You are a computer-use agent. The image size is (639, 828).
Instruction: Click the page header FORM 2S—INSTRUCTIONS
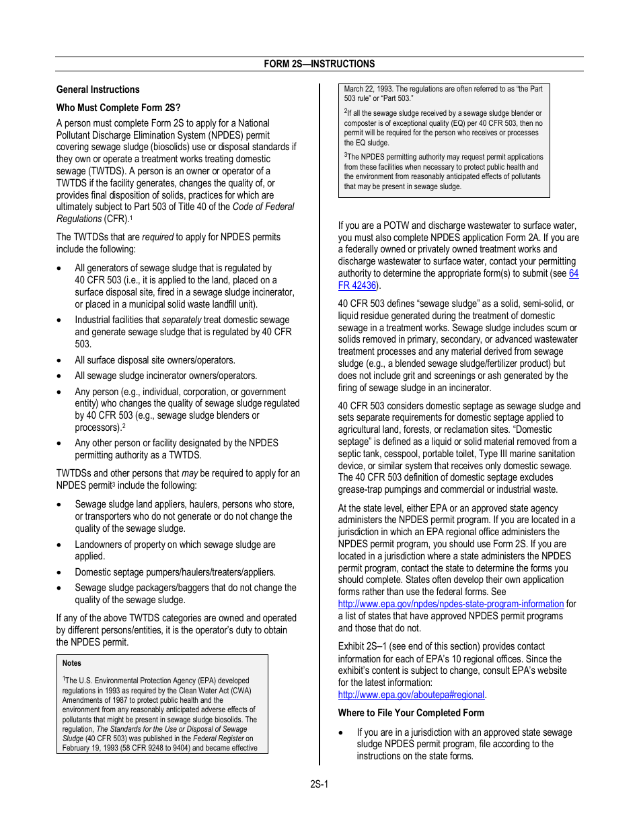pyautogui.click(x=319, y=64)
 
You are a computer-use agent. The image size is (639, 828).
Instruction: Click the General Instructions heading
pyautogui.click(x=98, y=90)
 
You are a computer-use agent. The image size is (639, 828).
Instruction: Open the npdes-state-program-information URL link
pyautogui.click(x=450, y=604)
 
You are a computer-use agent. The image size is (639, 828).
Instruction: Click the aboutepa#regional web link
pyautogui.click(x=411, y=695)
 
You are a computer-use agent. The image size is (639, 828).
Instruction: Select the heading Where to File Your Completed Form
pyautogui.click(x=410, y=713)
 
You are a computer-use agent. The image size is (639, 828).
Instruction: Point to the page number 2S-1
pyautogui.click(x=319, y=784)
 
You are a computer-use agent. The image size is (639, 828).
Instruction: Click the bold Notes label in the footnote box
pyautogui.click(x=72, y=663)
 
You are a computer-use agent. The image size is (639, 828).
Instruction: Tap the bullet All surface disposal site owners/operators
pyautogui.click(x=155, y=360)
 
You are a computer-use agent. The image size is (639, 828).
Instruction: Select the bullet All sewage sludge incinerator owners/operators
pyautogui.click(x=165, y=376)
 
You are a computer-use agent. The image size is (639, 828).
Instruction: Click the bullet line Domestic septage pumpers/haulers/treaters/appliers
pyautogui.click(x=175, y=572)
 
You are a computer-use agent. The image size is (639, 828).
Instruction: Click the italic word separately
pyautogui.click(x=183, y=320)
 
